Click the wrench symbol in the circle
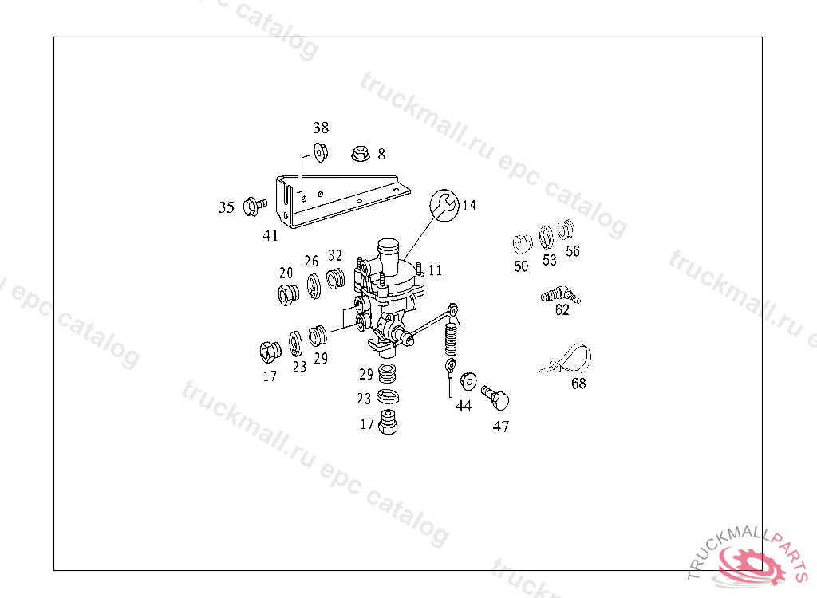tap(444, 205)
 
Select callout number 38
tap(321, 128)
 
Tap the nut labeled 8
tap(360, 154)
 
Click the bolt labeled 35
tap(255, 207)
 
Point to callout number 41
tap(270, 235)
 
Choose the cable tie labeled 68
tap(567, 360)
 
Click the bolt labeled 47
tap(495, 397)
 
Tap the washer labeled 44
tap(468, 381)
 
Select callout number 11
tap(435, 269)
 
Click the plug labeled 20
tap(288, 295)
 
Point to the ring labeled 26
tap(313, 286)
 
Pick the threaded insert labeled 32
tap(336, 278)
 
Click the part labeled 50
tap(522, 244)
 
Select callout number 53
tap(550, 260)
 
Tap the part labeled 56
tap(566, 230)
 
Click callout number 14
tap(469, 205)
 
